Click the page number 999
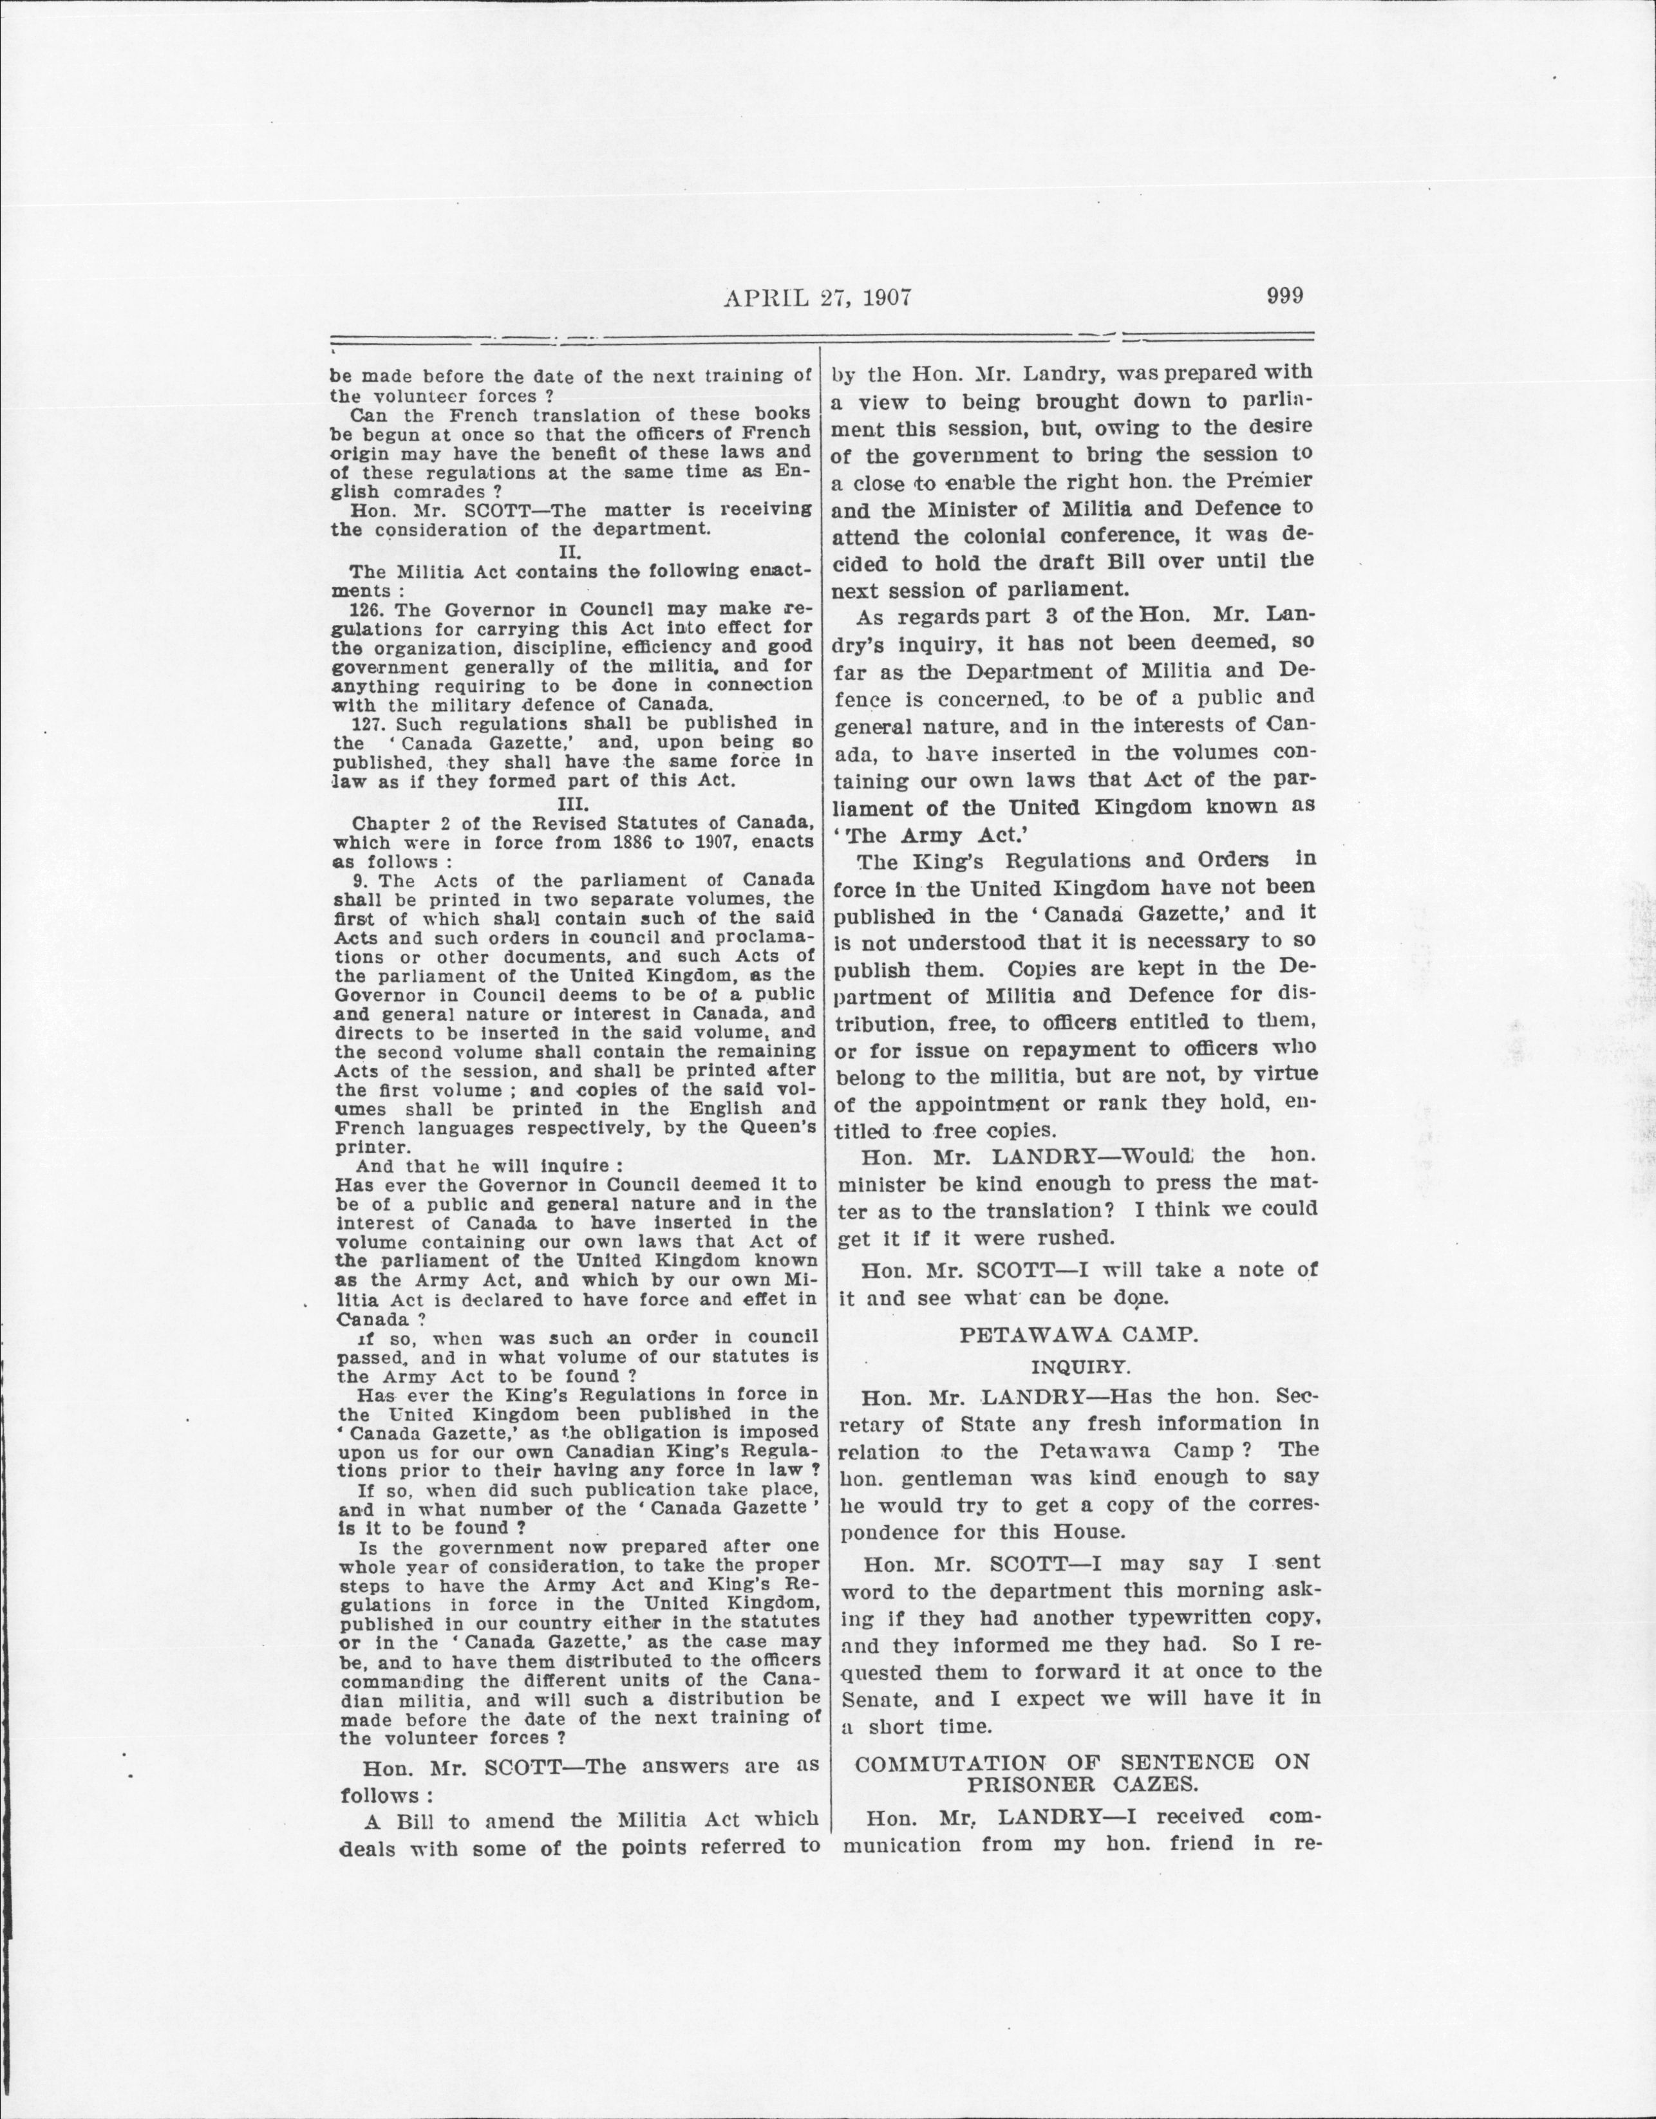[1284, 296]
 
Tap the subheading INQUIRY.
[1079, 1367]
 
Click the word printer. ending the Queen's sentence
[368, 1147]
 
